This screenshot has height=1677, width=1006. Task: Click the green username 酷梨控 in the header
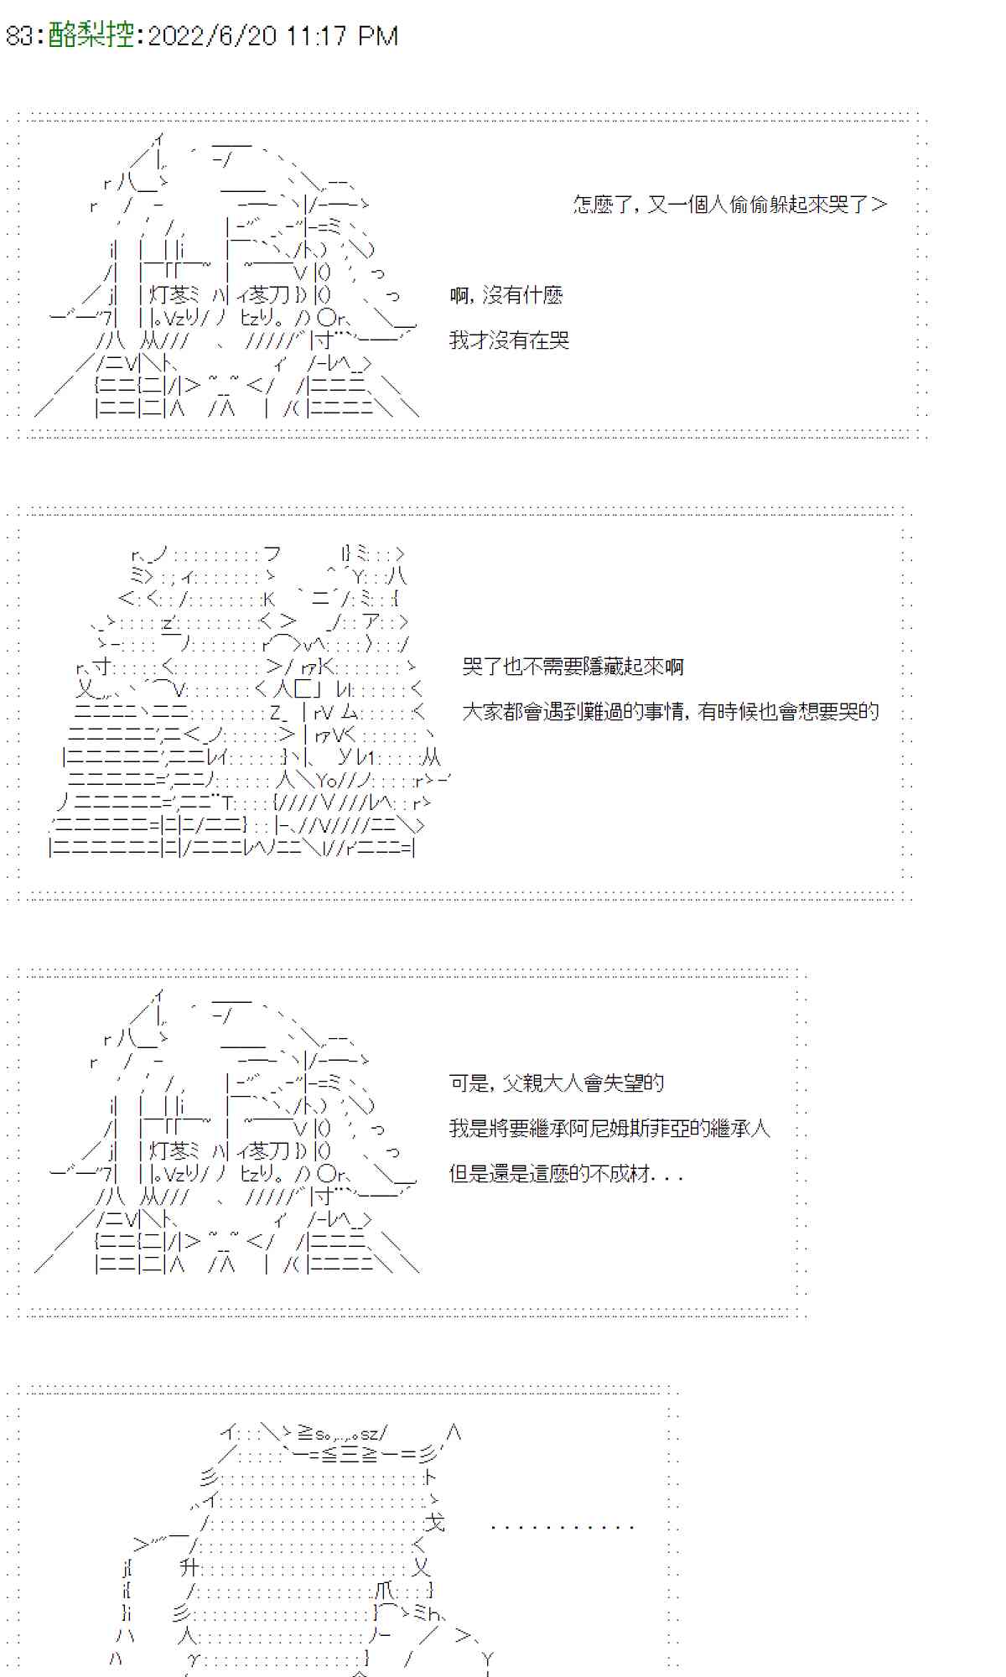click(91, 35)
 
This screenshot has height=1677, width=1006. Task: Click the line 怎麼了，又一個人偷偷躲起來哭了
click(721, 205)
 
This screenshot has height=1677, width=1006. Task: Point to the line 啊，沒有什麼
click(506, 295)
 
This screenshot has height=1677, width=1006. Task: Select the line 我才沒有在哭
click(509, 340)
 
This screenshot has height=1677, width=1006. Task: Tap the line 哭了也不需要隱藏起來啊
click(573, 667)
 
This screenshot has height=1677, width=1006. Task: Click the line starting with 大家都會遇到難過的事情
click(670, 712)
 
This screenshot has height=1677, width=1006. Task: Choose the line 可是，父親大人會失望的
click(557, 1083)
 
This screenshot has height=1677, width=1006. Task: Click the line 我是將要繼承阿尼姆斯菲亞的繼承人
click(609, 1129)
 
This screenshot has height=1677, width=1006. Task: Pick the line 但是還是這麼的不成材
click(566, 1174)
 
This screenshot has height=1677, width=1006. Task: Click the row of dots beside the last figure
click(562, 1528)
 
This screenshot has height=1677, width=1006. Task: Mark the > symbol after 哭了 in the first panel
click(879, 205)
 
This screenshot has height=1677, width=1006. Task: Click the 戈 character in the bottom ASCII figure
click(434, 1522)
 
